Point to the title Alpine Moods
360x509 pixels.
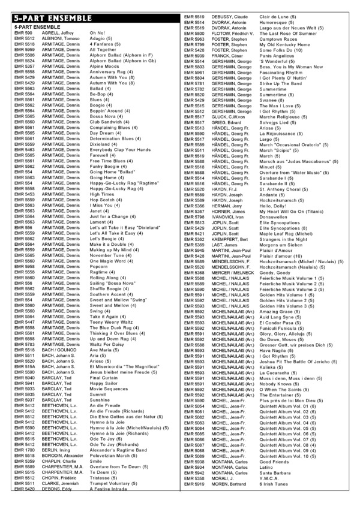[x=104, y=66]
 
